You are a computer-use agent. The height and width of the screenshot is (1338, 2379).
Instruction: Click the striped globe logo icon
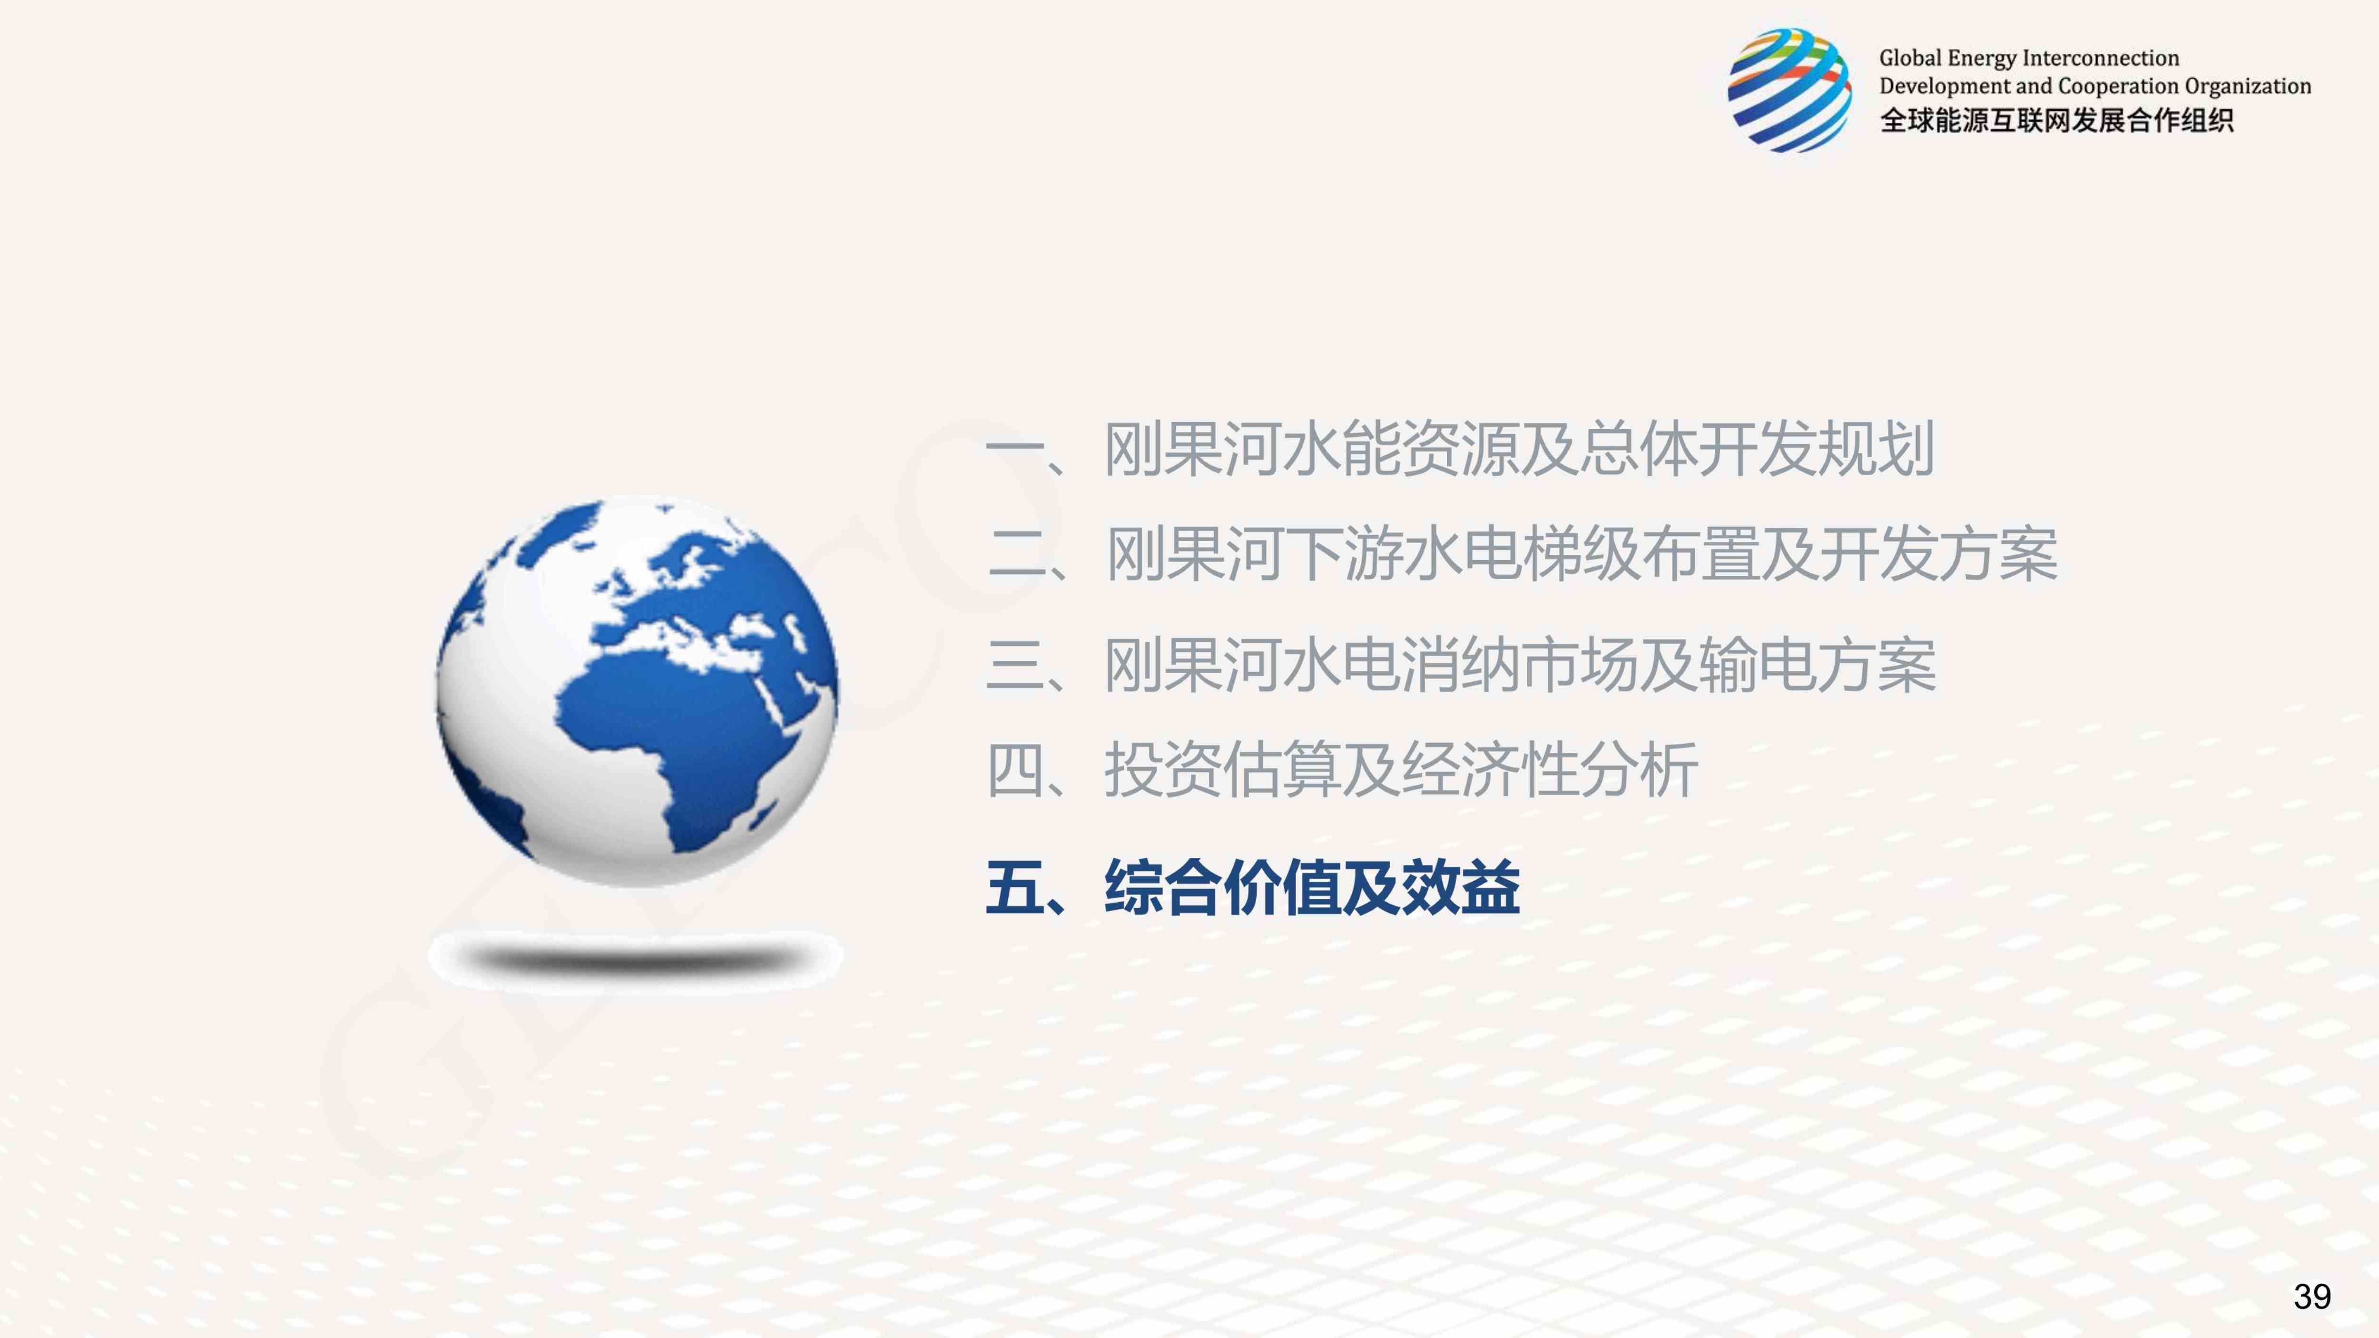1790,89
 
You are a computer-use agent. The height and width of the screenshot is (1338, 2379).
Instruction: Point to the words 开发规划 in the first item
1818,450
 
